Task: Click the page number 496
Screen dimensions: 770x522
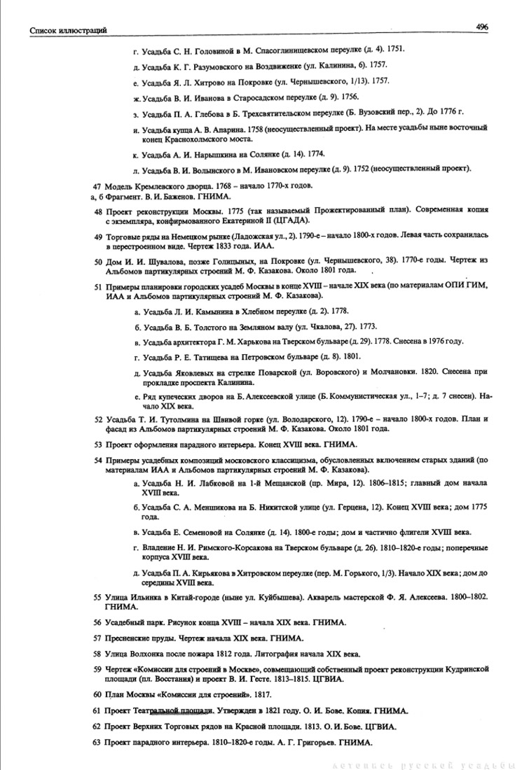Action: point(481,26)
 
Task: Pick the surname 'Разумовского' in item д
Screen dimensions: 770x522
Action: point(212,65)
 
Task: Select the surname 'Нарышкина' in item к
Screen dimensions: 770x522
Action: point(211,153)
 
